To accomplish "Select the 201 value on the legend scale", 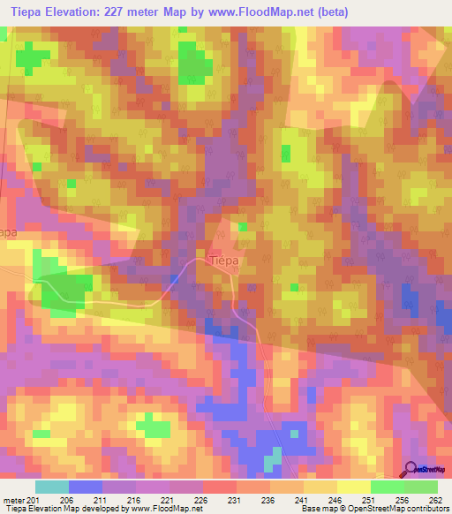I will [x=34, y=499].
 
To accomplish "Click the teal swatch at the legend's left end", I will [x=51, y=487].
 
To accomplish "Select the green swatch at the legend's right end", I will [x=420, y=487].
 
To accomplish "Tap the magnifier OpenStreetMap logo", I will [x=411, y=468].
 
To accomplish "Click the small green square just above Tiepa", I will [x=241, y=227].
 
